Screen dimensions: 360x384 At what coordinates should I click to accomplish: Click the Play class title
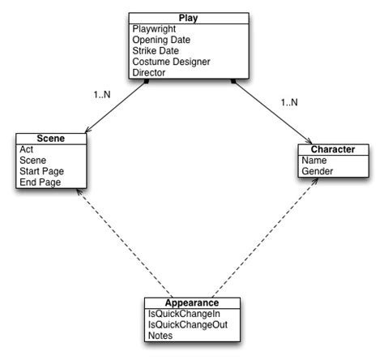tap(188, 18)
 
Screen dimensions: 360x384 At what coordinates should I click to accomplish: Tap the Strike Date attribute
tap(156, 50)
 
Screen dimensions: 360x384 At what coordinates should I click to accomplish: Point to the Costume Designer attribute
tap(171, 62)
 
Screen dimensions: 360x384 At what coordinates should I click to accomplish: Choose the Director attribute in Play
tap(149, 72)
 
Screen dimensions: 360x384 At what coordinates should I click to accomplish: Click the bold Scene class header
tap(51, 139)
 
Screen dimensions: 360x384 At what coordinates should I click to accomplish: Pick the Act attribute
tap(26, 150)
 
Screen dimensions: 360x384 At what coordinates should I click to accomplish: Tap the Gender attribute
tap(319, 172)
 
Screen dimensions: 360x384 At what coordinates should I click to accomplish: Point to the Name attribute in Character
tap(316, 161)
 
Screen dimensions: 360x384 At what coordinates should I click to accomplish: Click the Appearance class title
tap(188, 302)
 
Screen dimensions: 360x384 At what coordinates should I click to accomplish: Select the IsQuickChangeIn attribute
tap(181, 314)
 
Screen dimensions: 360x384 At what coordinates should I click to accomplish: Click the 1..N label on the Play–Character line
tap(290, 102)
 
